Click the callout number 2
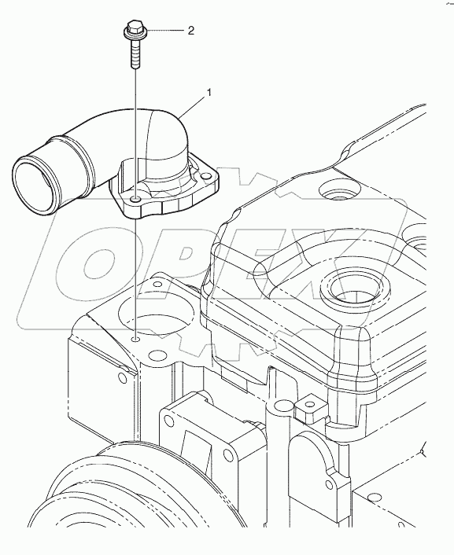coord(191,31)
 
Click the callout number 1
coord(209,93)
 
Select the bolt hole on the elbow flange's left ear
coord(135,200)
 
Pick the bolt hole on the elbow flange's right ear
coord(205,176)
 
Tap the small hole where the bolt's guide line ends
coord(135,340)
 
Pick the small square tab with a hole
coord(309,409)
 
